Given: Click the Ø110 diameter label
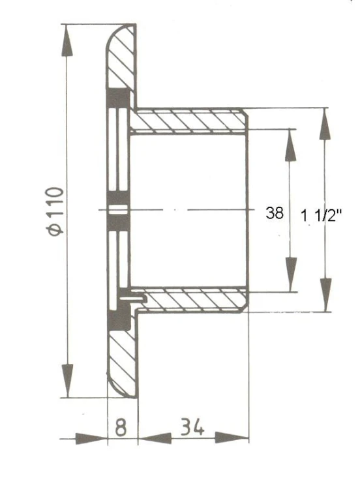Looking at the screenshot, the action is click(55, 211).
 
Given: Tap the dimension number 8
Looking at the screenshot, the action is click(121, 427).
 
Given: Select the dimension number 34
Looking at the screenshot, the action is click(192, 426).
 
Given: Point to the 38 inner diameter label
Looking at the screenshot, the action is click(275, 213).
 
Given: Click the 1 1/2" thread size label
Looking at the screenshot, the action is click(322, 215).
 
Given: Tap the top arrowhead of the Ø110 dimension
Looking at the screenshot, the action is click(67, 40).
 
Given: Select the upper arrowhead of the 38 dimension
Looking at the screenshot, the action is click(290, 145).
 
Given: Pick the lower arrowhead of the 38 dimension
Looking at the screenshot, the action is click(291, 274).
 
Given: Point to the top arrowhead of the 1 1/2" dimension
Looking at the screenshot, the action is click(325, 124).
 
